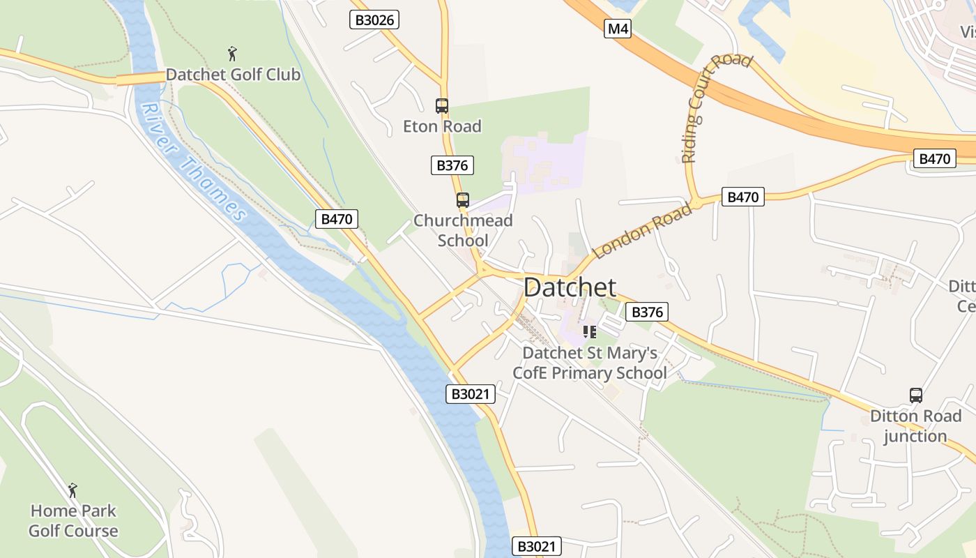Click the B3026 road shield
pyautogui.click(x=374, y=20)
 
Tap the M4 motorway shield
pyautogui.click(x=617, y=29)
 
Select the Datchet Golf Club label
pyautogui.click(x=233, y=75)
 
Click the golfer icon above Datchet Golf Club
pyautogui.click(x=233, y=53)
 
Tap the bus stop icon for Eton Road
pyautogui.click(x=442, y=106)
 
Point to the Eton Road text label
pyautogui.click(x=442, y=126)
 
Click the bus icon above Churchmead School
pyautogui.click(x=463, y=200)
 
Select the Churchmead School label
pyautogui.click(x=463, y=230)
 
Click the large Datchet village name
pyautogui.click(x=570, y=287)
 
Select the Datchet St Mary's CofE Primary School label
pyautogui.click(x=590, y=363)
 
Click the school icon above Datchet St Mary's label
pyautogui.click(x=590, y=332)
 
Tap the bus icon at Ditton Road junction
pyautogui.click(x=916, y=395)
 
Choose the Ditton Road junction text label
pyautogui.click(x=915, y=426)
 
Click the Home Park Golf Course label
pyautogui.click(x=73, y=520)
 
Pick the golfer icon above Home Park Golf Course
pyautogui.click(x=73, y=490)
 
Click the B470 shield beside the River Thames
pyautogui.click(x=337, y=219)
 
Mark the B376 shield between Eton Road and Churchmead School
pyautogui.click(x=452, y=165)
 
